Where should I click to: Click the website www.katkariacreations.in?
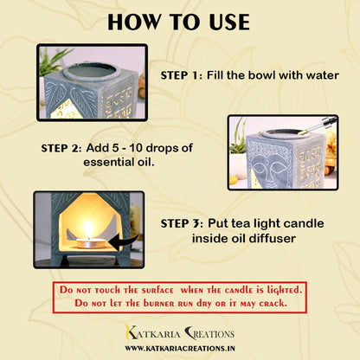pos(180,348)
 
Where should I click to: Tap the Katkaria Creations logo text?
pos(180,332)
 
